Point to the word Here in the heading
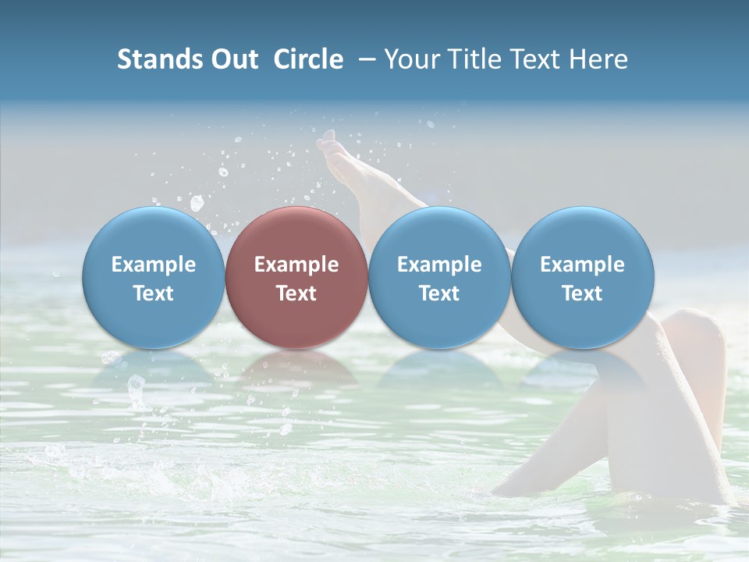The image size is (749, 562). (x=598, y=59)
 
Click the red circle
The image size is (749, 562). (x=296, y=277)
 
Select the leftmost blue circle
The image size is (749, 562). (x=154, y=277)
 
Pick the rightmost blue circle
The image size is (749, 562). (x=583, y=277)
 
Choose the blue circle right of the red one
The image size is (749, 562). (x=439, y=277)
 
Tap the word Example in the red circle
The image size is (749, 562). (x=296, y=265)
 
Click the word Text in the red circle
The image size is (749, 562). (x=296, y=293)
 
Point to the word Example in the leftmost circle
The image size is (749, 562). (x=154, y=265)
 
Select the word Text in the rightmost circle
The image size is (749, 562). (x=583, y=293)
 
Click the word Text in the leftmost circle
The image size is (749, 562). (x=154, y=293)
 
